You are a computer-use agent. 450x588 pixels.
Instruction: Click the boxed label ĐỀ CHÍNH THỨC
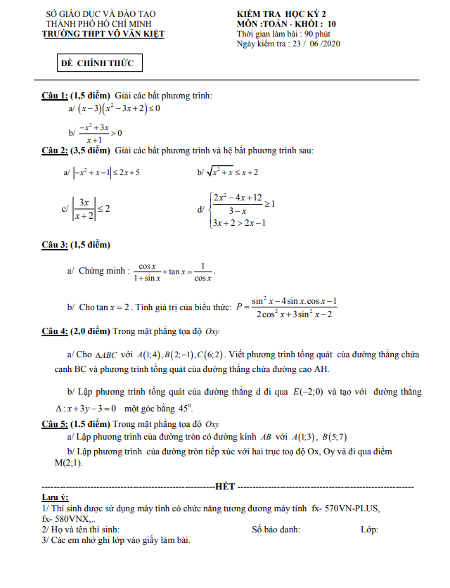coord(101,64)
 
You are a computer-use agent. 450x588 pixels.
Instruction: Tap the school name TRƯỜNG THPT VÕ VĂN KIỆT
coord(103,33)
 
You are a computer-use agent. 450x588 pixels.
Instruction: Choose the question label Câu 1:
coord(55,96)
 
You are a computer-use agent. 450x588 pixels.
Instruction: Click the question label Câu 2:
coord(55,151)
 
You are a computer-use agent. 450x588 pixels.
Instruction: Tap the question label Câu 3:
coord(55,244)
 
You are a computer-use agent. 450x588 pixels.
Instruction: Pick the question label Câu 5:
coord(55,424)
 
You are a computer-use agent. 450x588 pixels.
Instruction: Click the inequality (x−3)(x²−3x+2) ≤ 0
coord(120,108)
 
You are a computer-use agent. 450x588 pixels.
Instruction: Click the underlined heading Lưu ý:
coord(54,498)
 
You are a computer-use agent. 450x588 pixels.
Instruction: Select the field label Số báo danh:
coord(276,529)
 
